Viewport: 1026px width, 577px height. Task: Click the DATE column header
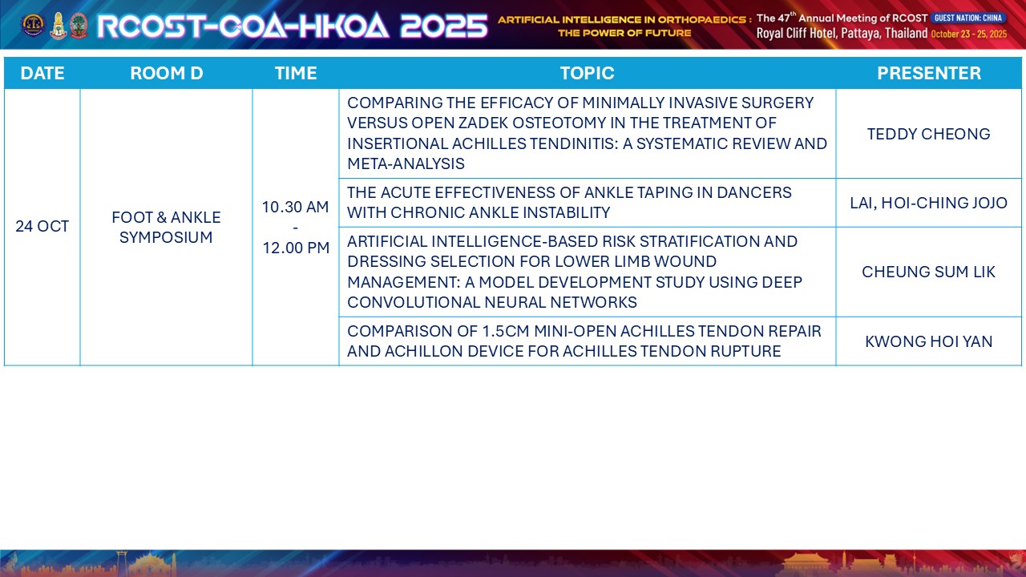click(42, 73)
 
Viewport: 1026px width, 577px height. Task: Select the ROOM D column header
click(166, 73)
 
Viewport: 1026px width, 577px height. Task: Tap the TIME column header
click(296, 73)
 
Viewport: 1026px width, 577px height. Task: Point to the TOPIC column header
click(588, 73)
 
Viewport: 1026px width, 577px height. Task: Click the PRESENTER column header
click(929, 73)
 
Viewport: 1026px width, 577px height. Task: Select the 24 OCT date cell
click(42, 226)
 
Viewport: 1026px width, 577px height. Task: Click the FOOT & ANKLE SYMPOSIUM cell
click(166, 227)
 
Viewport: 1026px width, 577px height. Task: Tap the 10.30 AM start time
click(296, 207)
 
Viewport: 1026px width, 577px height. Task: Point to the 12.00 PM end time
click(296, 248)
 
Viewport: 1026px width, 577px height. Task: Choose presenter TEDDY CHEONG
click(929, 134)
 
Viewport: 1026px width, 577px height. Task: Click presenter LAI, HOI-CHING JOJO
click(929, 203)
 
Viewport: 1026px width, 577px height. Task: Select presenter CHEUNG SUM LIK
click(929, 272)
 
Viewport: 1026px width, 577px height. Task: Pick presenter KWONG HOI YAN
click(929, 341)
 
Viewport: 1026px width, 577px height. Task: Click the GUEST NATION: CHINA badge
click(968, 18)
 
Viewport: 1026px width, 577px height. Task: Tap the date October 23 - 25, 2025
click(969, 34)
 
